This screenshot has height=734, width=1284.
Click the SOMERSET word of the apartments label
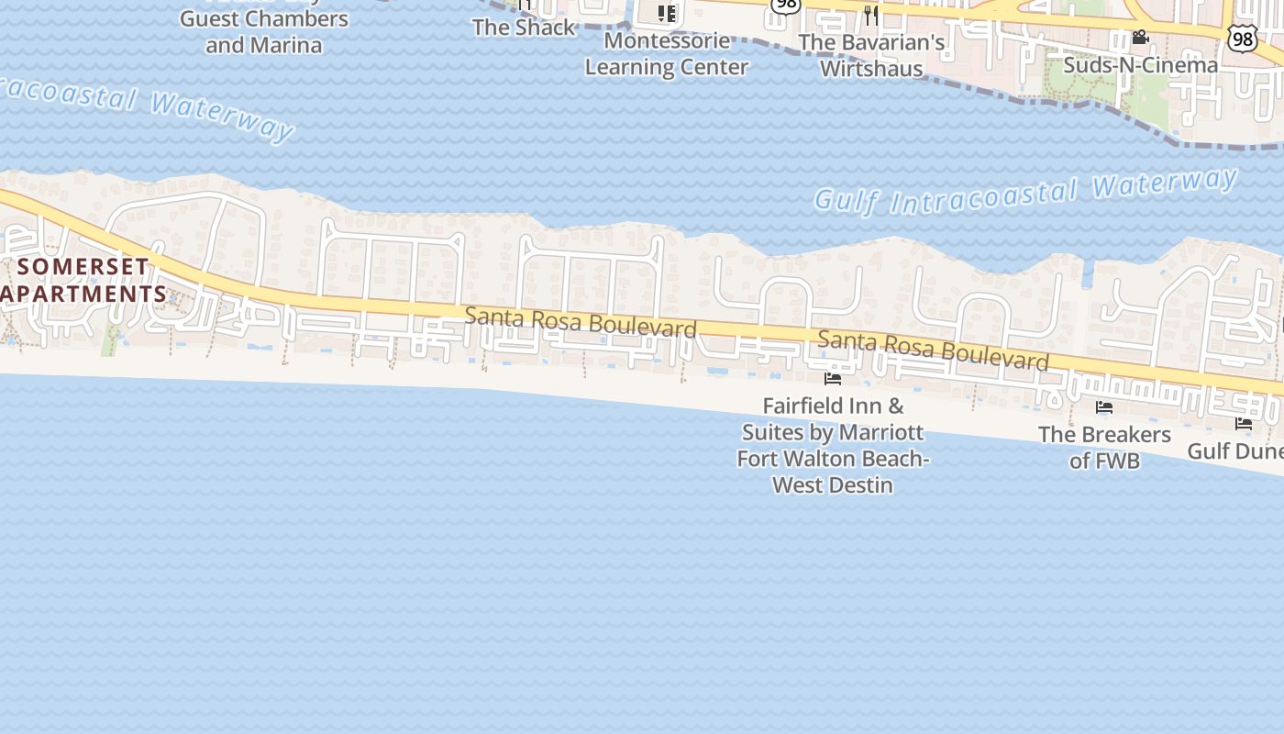point(83,267)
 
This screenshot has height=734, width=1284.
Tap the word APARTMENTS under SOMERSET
point(85,295)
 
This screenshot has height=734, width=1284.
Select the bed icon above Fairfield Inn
point(833,378)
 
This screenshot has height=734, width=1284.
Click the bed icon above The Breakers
point(1104,407)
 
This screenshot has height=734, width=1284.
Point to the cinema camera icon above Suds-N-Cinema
point(1140,38)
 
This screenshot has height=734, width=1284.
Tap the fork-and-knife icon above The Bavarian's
point(870,15)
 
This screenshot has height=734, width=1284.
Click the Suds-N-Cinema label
point(1140,65)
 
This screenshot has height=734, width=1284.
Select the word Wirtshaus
point(871,68)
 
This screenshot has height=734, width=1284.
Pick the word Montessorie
point(667,41)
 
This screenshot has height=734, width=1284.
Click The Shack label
point(524,28)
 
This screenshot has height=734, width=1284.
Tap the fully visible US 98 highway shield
point(1242,38)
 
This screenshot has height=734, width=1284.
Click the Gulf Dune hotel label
point(1234,450)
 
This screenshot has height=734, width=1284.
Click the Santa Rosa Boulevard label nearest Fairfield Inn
point(933,350)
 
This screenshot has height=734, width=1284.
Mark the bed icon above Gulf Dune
point(1244,424)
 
